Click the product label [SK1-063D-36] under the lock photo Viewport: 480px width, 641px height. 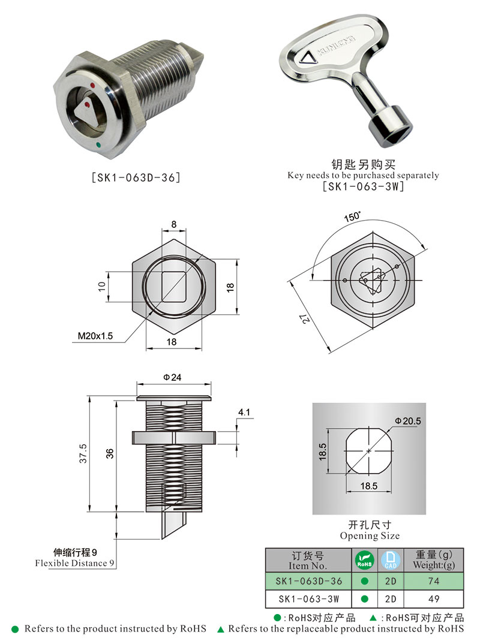tap(135, 177)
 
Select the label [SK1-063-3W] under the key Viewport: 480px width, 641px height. tap(363, 186)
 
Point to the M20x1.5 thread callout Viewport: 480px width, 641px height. tap(95, 336)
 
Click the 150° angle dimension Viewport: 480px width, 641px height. tap(352, 216)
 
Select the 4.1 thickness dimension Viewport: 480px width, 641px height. tap(244, 413)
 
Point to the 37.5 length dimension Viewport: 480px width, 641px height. tap(83, 454)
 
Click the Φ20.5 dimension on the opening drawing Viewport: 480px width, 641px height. tap(408, 421)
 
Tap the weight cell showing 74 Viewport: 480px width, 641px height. tap(433, 581)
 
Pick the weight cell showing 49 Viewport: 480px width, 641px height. tap(433, 598)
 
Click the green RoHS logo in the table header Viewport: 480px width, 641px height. tap(364, 560)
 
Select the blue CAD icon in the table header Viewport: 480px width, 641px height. tap(391, 560)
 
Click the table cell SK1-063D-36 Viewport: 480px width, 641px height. tap(308, 581)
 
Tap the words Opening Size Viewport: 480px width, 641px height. tap(369, 535)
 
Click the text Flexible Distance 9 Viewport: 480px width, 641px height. tap(74, 563)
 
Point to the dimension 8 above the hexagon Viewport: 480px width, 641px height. tap(174, 224)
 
